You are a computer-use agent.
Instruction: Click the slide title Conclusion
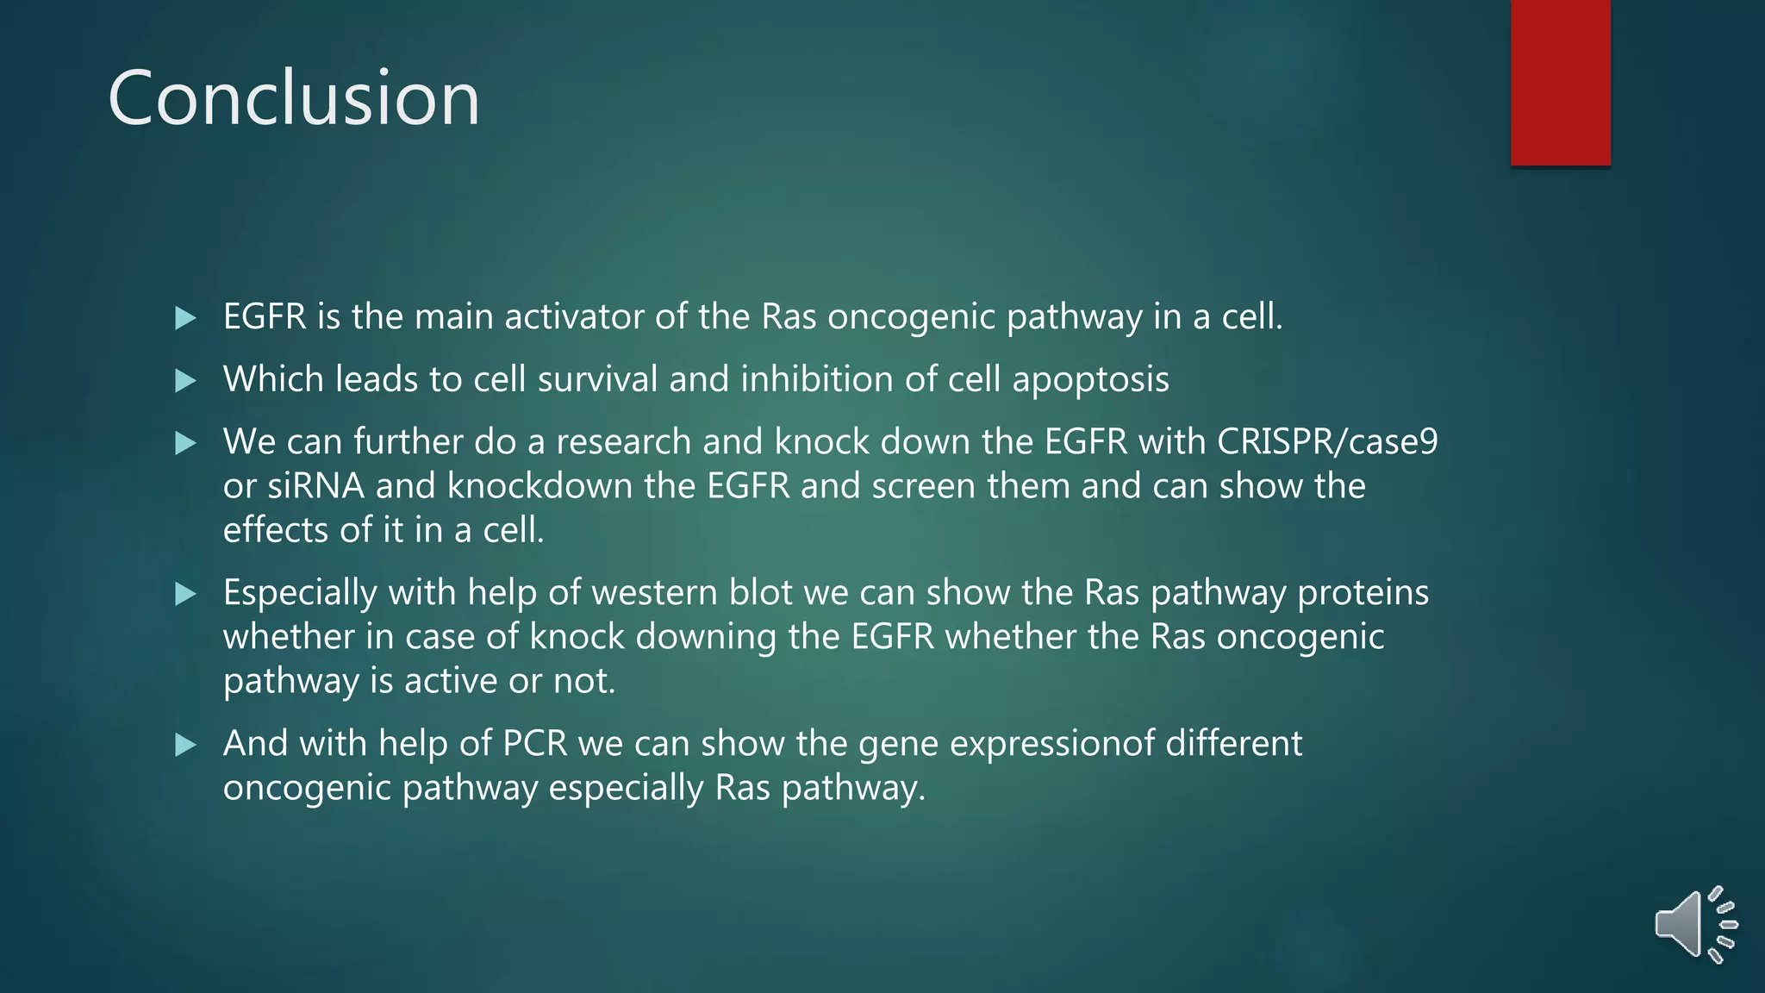(x=293, y=98)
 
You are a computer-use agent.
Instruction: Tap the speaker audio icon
(x=1694, y=924)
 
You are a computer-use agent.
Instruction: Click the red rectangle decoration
(x=1560, y=82)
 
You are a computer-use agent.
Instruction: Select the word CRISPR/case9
(x=1327, y=441)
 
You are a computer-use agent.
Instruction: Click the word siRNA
(x=315, y=486)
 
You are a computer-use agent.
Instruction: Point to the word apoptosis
(x=1090, y=380)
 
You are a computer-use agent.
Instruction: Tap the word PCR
(x=534, y=743)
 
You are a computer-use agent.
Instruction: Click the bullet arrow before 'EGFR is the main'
(x=185, y=318)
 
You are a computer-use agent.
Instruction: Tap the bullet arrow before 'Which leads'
(x=185, y=380)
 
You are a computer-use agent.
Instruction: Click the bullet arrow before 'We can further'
(x=185, y=443)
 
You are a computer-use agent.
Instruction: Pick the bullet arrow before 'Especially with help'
(x=185, y=594)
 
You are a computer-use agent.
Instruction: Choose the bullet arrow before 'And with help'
(x=185, y=745)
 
